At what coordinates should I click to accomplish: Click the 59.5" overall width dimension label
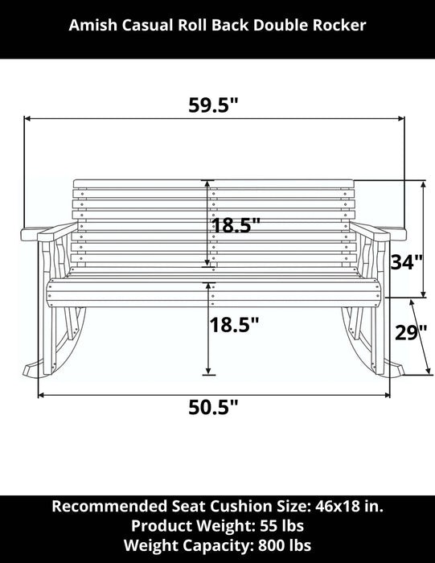[x=213, y=105]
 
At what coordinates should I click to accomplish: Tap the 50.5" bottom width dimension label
[x=213, y=407]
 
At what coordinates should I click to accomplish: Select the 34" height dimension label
[x=407, y=262]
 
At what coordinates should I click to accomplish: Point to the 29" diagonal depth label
[x=411, y=332]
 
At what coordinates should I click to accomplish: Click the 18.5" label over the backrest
[x=236, y=225]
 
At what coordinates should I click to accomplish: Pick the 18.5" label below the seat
[x=234, y=325]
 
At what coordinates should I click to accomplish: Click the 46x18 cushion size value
[x=338, y=506]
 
